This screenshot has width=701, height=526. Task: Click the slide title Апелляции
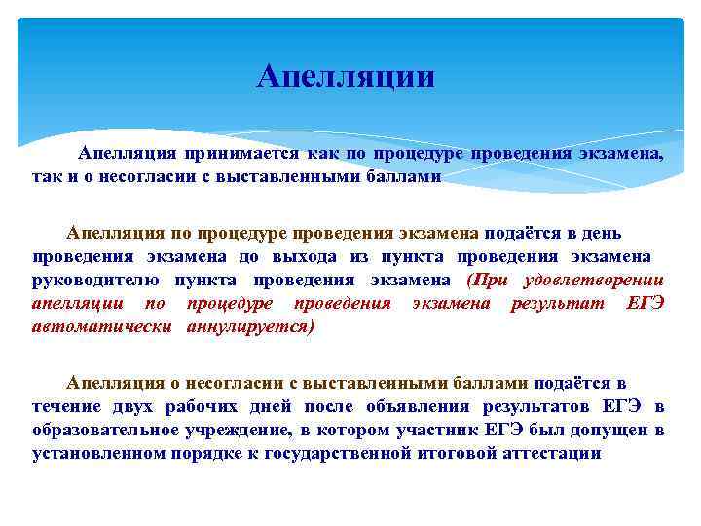pyautogui.click(x=346, y=77)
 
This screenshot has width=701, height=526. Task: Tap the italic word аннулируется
pyautogui.click(x=250, y=326)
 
